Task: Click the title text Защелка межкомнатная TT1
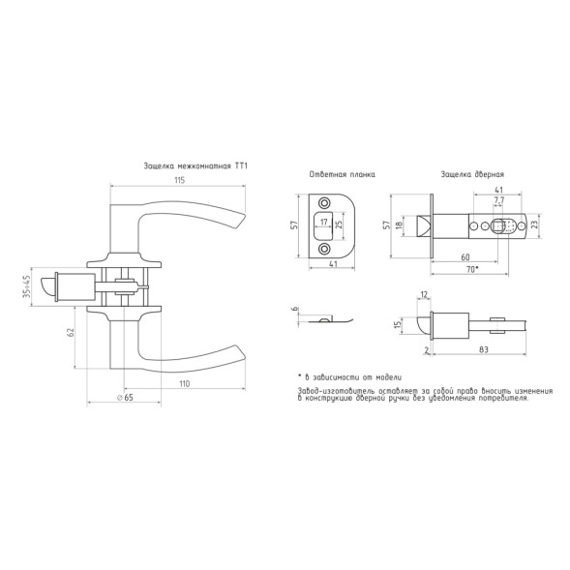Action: (x=195, y=166)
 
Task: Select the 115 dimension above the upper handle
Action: (x=180, y=180)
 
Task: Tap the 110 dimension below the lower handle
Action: (x=184, y=383)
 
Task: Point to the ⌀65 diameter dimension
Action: (x=126, y=398)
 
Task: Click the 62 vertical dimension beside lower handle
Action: (x=71, y=332)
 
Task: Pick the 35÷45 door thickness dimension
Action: (x=26, y=287)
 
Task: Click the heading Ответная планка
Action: (x=342, y=174)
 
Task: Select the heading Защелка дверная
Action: (x=472, y=174)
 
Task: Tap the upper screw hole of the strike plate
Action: (x=323, y=202)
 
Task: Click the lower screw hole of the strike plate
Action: (x=323, y=249)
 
